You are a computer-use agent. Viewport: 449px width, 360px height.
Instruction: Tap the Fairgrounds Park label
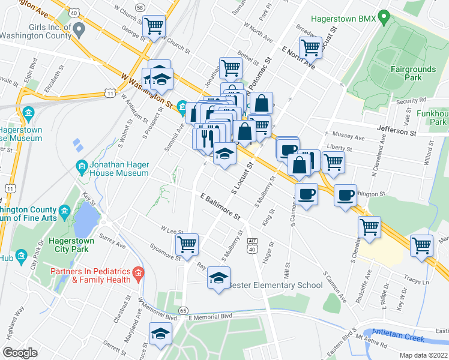point(414,73)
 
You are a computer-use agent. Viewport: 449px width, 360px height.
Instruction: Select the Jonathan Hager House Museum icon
point(80,165)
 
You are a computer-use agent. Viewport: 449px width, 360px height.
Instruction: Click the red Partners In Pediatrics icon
point(138,275)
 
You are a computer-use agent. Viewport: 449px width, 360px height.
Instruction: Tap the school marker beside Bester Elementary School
point(218,277)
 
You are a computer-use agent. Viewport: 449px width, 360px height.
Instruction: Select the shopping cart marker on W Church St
point(154,26)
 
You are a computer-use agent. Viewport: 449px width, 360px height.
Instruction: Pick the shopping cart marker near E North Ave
point(310,47)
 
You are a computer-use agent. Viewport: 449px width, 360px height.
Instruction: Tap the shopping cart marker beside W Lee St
point(187,244)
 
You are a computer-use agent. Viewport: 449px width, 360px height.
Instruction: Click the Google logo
point(20,353)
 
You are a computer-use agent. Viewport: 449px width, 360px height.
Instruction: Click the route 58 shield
point(140,7)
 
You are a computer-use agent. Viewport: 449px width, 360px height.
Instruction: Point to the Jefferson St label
point(396,129)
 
